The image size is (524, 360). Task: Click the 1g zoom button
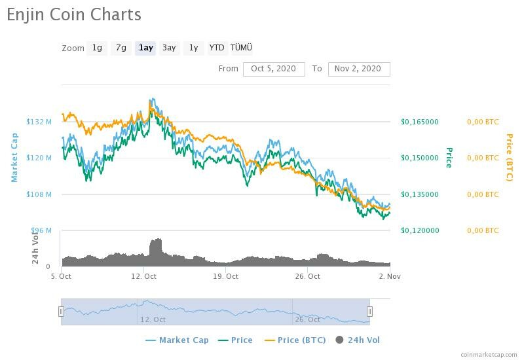[97, 48]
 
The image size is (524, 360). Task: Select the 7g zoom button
[121, 48]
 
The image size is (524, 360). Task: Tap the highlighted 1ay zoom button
[145, 48]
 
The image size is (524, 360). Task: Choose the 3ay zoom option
[169, 48]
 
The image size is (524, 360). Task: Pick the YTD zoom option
[216, 48]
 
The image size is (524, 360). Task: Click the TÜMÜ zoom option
[241, 48]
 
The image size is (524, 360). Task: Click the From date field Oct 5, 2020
[274, 69]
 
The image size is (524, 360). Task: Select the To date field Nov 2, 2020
[358, 69]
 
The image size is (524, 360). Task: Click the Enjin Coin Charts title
[74, 14]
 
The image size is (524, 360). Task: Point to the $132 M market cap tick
[39, 122]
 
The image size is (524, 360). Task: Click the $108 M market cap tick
[39, 194]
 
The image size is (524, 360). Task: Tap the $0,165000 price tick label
[420, 122]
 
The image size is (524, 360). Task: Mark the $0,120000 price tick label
[420, 230]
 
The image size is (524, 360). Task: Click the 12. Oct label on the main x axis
[144, 276]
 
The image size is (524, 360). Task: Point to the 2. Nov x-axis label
[390, 276]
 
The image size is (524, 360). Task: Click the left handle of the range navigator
[62, 312]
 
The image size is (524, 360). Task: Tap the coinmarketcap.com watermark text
[489, 354]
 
